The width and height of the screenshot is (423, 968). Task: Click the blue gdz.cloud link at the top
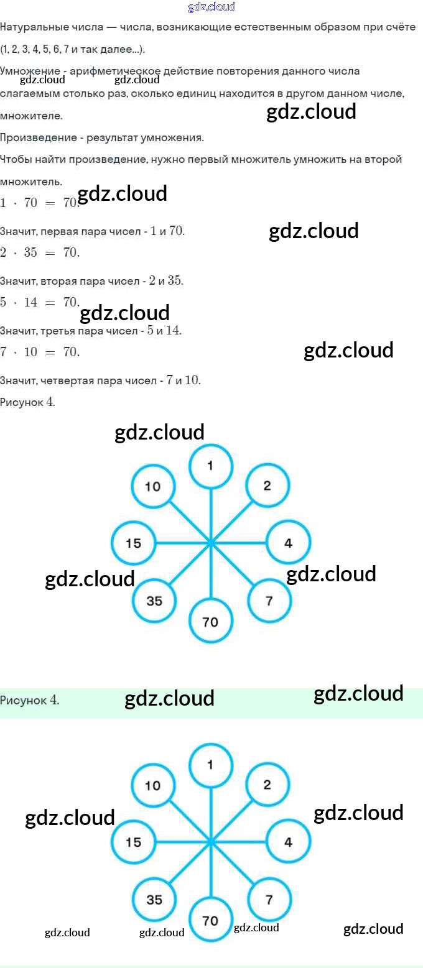(211, 7)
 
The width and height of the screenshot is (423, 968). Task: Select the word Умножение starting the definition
(30, 71)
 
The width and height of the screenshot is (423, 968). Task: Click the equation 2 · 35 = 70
(40, 252)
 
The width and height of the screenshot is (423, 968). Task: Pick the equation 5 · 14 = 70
(40, 302)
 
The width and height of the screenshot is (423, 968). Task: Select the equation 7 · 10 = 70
(40, 352)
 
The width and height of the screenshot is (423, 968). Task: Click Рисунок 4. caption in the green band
(30, 701)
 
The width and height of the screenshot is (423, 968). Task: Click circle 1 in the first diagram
(210, 466)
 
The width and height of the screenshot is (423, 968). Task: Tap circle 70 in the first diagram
(210, 621)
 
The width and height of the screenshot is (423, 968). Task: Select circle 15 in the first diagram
(133, 543)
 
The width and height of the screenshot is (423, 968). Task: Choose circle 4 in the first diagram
(288, 543)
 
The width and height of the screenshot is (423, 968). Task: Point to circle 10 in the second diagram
(153, 786)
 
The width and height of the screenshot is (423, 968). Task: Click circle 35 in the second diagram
(154, 900)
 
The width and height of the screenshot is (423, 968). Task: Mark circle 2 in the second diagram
(267, 785)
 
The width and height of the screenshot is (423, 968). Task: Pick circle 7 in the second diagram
(269, 900)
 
